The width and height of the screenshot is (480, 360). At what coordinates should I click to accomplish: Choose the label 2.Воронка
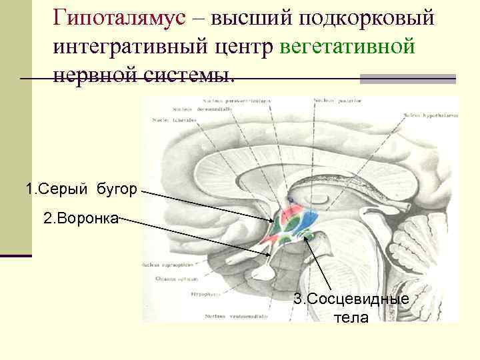pyautogui.click(x=81, y=218)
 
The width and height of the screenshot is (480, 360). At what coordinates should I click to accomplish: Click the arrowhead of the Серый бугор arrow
pyautogui.click(x=274, y=221)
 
